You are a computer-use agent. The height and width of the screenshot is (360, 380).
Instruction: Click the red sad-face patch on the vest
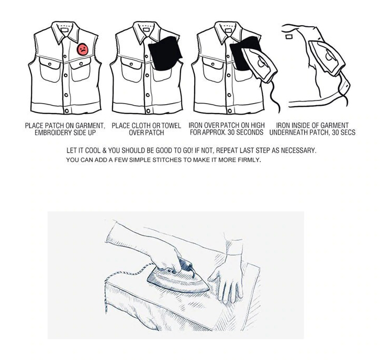[x=83, y=49]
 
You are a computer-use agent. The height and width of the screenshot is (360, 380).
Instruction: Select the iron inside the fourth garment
[x=324, y=59]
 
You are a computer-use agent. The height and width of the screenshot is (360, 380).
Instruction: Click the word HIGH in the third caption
[x=257, y=126]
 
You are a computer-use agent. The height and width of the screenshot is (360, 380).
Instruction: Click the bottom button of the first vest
[x=66, y=110]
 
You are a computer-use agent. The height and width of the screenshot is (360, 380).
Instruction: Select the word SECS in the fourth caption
[x=347, y=133]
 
